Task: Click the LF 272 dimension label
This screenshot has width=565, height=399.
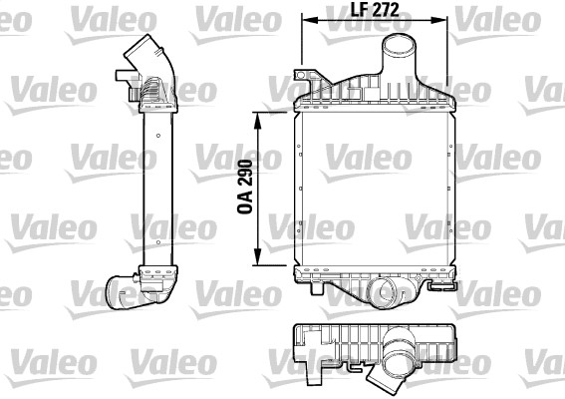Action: point(375,10)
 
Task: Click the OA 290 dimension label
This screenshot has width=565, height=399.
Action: point(245,187)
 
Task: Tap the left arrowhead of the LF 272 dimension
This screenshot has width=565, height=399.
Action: point(310,20)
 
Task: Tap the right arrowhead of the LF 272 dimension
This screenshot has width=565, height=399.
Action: point(438,20)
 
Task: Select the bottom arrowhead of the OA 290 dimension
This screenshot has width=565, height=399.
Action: point(257,257)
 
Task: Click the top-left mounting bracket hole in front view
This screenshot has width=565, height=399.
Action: point(301,75)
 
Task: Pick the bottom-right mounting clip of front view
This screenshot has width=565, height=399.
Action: point(442,285)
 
